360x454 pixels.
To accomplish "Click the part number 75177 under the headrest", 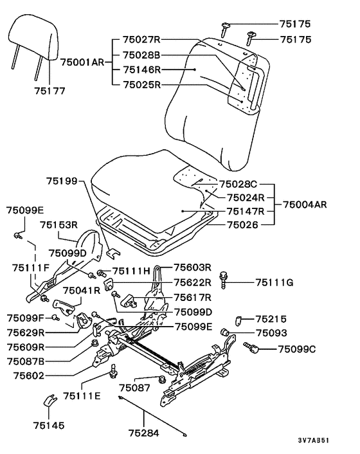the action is point(50,91).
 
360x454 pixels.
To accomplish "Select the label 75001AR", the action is point(82,62).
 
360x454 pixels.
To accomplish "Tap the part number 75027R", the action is point(141,39).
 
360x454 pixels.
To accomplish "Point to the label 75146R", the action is point(142,70).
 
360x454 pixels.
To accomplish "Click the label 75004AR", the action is point(305,204).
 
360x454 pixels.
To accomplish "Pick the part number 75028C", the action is point(238,184).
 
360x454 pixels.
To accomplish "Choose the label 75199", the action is point(62,181).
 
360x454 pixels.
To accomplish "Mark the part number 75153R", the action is point(59,224).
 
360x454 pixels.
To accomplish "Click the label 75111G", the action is point(274,282).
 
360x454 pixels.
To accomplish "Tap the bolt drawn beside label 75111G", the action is point(224,280).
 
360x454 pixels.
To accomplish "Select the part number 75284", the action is point(144,433).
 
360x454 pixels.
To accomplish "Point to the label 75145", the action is point(49,425).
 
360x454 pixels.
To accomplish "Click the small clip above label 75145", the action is point(50,401).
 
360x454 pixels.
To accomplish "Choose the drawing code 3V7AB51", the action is point(314,440).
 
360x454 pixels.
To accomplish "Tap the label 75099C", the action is point(297,349).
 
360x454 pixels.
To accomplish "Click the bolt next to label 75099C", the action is point(251,347).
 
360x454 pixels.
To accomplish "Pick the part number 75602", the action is point(29,376).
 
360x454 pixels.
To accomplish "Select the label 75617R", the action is point(193,297).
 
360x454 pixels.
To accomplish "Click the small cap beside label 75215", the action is point(239,320).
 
